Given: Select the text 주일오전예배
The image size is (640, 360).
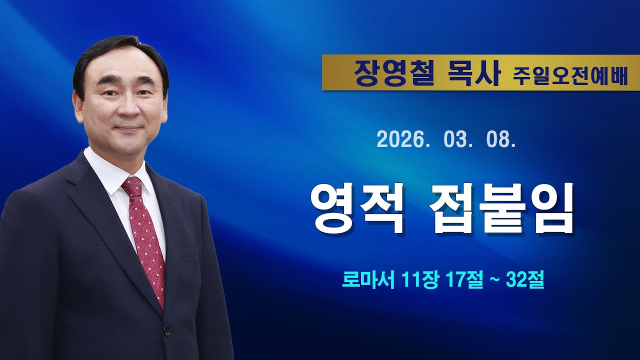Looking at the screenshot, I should point(570,76).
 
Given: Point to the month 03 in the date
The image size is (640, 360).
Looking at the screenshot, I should point(456,140).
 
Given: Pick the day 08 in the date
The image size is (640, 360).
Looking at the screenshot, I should point(499,140).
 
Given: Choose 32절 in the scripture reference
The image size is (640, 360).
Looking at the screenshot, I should point(524,280).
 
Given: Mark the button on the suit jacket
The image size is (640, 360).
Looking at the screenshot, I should point(166,330).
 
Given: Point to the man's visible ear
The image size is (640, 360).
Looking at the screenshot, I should point(78,105).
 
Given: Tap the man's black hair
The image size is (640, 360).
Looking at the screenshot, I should point(115,50).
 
